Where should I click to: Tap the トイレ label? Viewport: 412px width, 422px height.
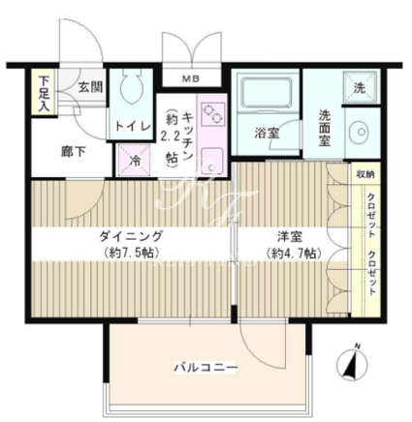coord(133,126)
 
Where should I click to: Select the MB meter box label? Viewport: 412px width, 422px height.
coord(190,78)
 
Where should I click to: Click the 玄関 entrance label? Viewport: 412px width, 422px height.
coord(91,87)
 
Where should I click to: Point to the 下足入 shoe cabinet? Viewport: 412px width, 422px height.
coord(44,91)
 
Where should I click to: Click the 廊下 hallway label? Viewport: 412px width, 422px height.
coord(74,152)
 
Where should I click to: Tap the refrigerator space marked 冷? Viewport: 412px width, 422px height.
coord(135,161)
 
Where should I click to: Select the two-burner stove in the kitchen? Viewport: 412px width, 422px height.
coord(212,114)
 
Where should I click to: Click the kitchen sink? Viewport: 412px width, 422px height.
coord(212,162)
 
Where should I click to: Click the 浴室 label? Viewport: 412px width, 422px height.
coord(267,133)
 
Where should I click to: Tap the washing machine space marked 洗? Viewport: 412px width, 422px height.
coord(360,87)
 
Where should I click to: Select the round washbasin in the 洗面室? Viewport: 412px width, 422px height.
coord(361,133)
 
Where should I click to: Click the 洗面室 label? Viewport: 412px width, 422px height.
coord(325,129)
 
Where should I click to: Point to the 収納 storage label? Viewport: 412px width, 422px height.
coord(365,174)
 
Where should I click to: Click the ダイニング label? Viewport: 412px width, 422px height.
coord(131,236)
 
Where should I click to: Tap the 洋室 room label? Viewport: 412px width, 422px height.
coord(290,236)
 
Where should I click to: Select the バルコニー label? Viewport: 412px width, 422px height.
coord(206,368)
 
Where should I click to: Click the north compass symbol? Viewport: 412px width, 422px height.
coord(352,364)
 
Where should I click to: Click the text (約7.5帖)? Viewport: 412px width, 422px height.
coord(131,253)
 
